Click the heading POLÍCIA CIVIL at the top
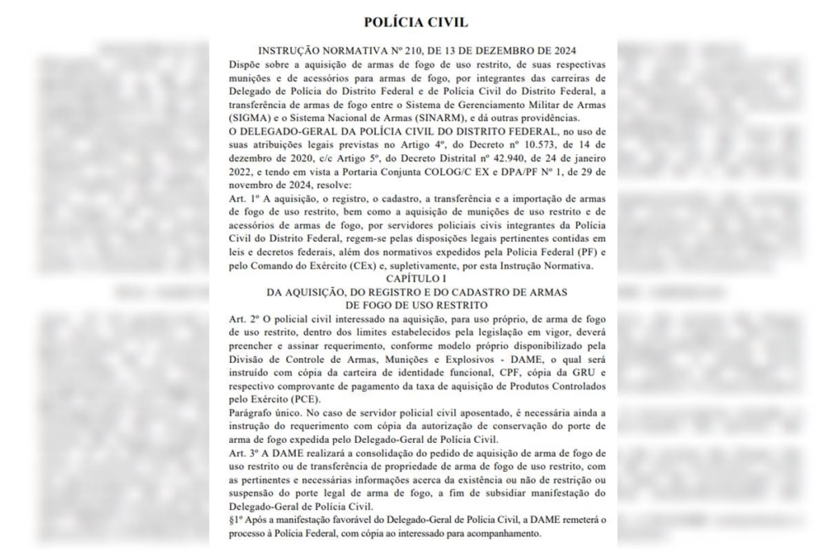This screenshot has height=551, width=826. click(415, 22)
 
